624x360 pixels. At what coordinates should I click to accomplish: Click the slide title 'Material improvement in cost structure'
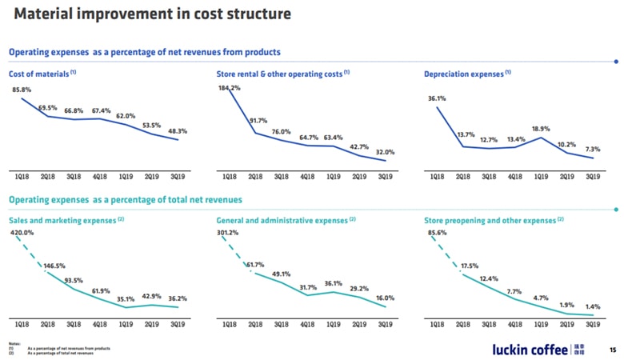pos(152,14)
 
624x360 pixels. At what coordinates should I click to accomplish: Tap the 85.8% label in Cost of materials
pos(22,90)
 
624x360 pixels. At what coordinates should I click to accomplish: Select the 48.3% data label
pos(177,130)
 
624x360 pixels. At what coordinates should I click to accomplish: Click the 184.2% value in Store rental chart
pos(230,87)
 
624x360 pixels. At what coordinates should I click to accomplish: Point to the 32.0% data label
pos(386,151)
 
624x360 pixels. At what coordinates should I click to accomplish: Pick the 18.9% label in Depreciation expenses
pos(541,128)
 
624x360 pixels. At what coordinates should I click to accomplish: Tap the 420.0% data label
pos(22,233)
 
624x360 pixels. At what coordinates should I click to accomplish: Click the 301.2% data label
pos(230,233)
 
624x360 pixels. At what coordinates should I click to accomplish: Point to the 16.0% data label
pos(386,298)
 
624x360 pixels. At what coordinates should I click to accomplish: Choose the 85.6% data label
pos(437,233)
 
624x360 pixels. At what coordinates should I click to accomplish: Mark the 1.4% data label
pos(593,306)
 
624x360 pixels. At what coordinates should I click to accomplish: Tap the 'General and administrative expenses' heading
pos(282,219)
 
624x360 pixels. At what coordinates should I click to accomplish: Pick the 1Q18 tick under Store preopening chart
pos(437,324)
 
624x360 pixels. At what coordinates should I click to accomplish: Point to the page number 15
pos(613,350)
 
